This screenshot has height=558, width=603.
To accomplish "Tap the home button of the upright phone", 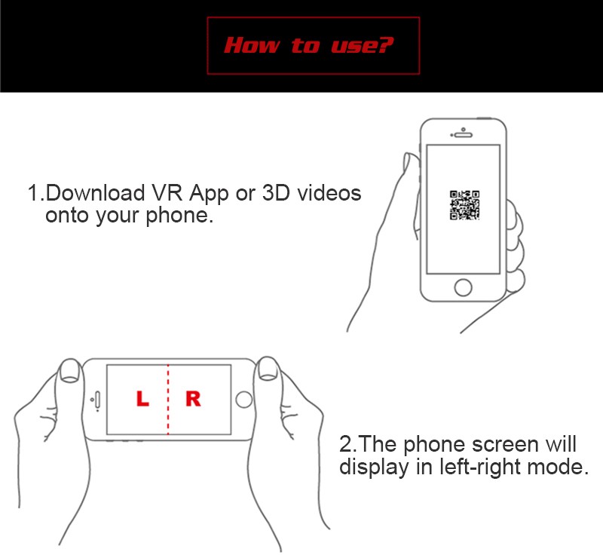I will pos(463,287).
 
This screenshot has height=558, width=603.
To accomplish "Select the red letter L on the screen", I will pos(142,400).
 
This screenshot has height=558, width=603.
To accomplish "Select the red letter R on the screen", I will pos(193,400).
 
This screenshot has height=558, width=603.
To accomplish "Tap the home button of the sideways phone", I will pos(243,400).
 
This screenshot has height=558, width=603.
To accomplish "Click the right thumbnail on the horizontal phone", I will pos(267,370).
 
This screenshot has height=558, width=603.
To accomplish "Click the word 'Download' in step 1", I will pos(95,193).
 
